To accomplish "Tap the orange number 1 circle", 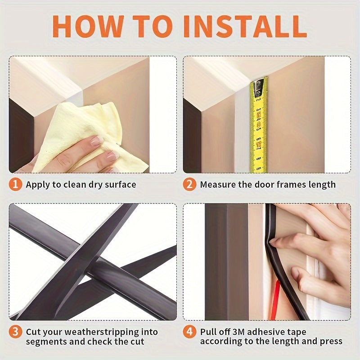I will click(16, 184).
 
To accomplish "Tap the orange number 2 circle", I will click(190, 184).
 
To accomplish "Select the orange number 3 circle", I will click(16, 332).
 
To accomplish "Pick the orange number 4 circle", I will click(190, 332).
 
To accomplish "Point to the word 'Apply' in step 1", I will click(37, 184).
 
